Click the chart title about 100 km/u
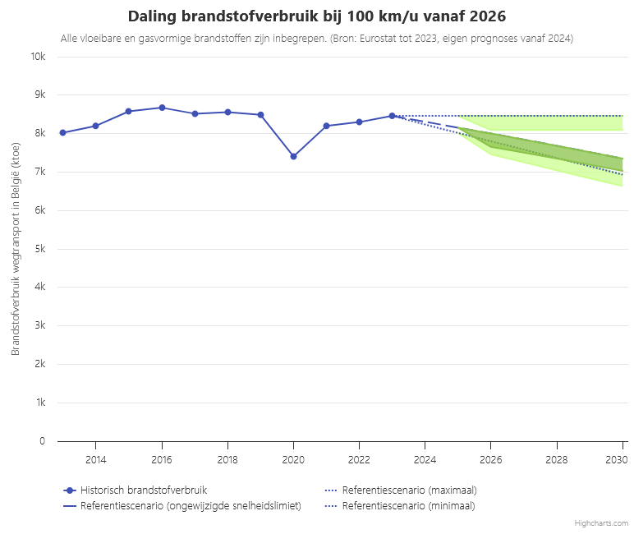(317, 17)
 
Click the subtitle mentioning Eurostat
(317, 39)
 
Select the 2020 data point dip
(293, 156)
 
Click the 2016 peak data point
(162, 108)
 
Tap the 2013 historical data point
(62, 132)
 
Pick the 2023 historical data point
(392, 116)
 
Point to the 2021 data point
(326, 126)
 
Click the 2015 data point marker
(128, 111)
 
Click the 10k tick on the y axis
(38, 57)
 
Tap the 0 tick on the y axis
(42, 441)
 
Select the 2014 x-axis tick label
(96, 458)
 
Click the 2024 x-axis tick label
(425, 458)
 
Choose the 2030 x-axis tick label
(620, 458)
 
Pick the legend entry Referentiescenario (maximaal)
(409, 490)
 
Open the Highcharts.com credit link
(601, 522)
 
